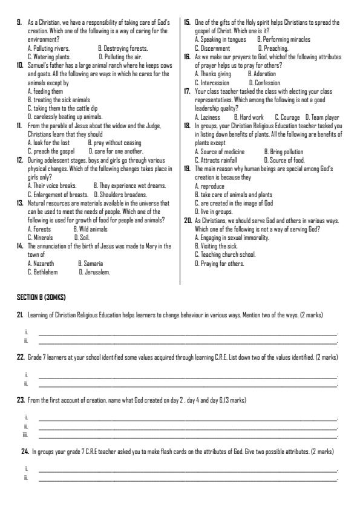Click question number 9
tap(19, 22)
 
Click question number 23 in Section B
tap(20, 401)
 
